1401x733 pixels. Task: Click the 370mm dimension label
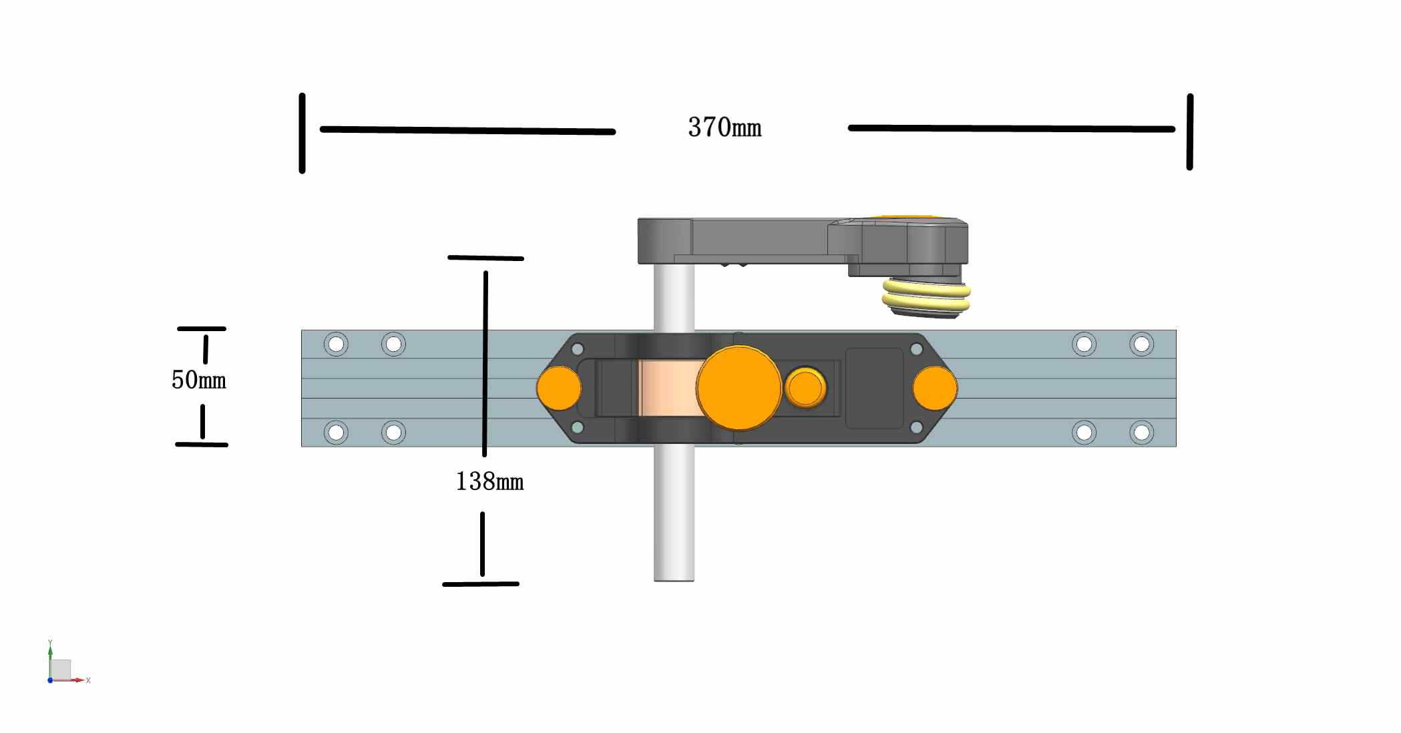(x=725, y=127)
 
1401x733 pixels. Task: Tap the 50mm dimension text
(x=198, y=380)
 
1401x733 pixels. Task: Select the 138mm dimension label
(x=489, y=481)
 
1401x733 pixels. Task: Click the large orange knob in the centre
(x=739, y=388)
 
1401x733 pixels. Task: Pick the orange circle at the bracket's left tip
(x=558, y=388)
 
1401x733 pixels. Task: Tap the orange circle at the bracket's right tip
(x=935, y=388)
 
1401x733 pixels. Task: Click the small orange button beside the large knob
(x=805, y=388)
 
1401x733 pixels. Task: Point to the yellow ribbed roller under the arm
(x=926, y=298)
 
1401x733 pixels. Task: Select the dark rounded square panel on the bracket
(x=874, y=388)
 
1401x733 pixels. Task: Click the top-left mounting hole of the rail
(x=336, y=344)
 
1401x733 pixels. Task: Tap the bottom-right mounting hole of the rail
(x=1141, y=433)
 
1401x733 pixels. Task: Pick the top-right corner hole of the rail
(x=1141, y=344)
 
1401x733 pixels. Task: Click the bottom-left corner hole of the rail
(x=336, y=433)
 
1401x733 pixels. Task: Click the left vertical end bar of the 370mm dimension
(x=303, y=134)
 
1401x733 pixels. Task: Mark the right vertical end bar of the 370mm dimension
(x=1189, y=132)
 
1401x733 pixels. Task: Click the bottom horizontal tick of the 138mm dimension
(x=481, y=584)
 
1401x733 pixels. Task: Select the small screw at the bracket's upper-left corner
(x=578, y=349)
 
